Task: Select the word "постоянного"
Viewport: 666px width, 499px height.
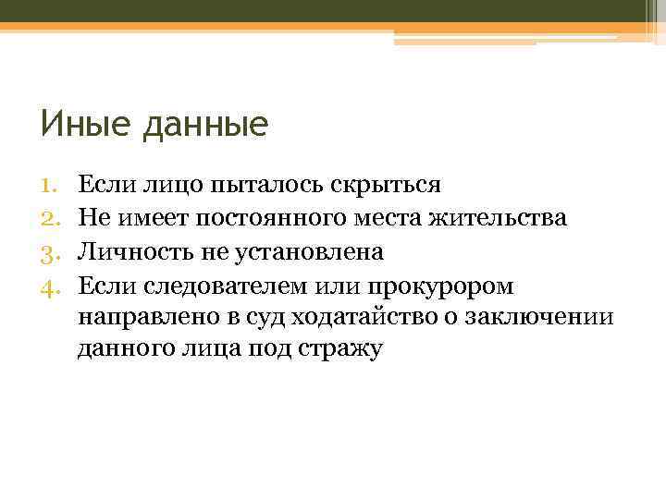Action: [268, 217]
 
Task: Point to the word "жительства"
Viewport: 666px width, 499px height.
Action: [500, 217]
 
